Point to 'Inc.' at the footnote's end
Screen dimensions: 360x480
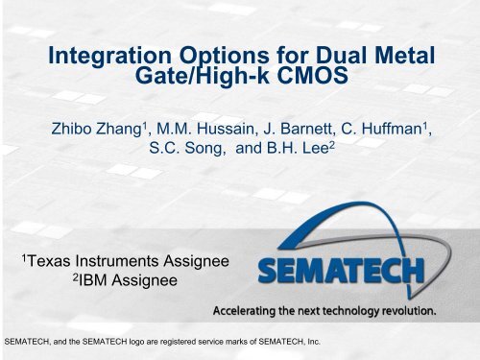point(343,340)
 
